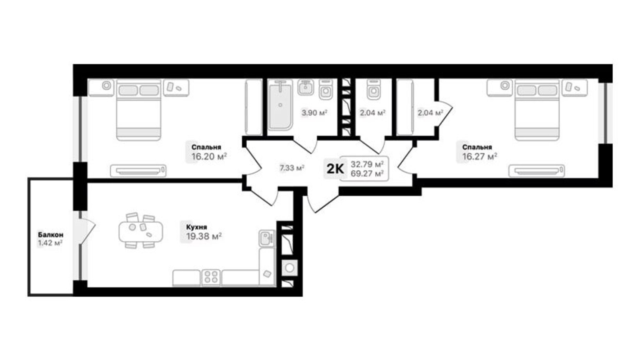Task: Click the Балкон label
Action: coord(51,235)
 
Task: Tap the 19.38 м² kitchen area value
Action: coord(204,236)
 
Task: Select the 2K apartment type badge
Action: coord(335,169)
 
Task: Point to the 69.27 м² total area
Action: coord(367,173)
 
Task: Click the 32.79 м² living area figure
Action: coord(367,164)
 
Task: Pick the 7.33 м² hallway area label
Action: coord(292,168)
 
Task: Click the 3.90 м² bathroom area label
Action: coord(314,112)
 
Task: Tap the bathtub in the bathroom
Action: coord(280,105)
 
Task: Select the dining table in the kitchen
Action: coord(140,231)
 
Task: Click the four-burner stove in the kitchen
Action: coord(211,278)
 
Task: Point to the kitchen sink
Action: coord(267,238)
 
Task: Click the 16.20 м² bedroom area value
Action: coord(209,156)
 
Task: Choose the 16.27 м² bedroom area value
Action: coord(479,156)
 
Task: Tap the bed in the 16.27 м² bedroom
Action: coord(537,110)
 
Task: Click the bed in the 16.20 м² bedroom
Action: coord(139,110)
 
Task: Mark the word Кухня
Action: coord(196,227)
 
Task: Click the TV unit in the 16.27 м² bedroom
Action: coord(536,171)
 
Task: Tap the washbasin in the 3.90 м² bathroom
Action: coord(305,88)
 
